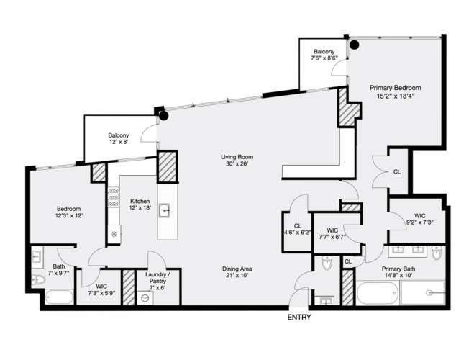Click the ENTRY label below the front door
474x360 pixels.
click(x=299, y=318)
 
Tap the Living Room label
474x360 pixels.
click(x=237, y=161)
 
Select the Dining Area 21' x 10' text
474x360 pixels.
click(x=237, y=272)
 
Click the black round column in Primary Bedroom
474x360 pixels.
click(x=355, y=45)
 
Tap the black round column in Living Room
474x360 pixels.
click(x=164, y=115)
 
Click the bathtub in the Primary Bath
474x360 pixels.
click(x=378, y=293)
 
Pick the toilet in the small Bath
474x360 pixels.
click(x=38, y=279)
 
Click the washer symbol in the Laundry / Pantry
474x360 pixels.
click(x=145, y=297)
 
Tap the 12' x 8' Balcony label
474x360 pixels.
click(x=119, y=138)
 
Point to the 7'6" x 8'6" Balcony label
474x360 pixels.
click(x=324, y=55)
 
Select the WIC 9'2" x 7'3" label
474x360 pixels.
click(x=420, y=219)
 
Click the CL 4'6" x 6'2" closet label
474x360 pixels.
click(x=298, y=229)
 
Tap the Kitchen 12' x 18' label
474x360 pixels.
click(x=140, y=204)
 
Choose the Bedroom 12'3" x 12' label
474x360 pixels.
click(x=69, y=212)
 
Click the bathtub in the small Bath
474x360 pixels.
click(x=59, y=297)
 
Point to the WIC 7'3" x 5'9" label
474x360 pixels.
click(x=101, y=289)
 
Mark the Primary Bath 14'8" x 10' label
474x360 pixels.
click(x=398, y=272)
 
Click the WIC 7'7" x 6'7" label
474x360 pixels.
click(x=332, y=233)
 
